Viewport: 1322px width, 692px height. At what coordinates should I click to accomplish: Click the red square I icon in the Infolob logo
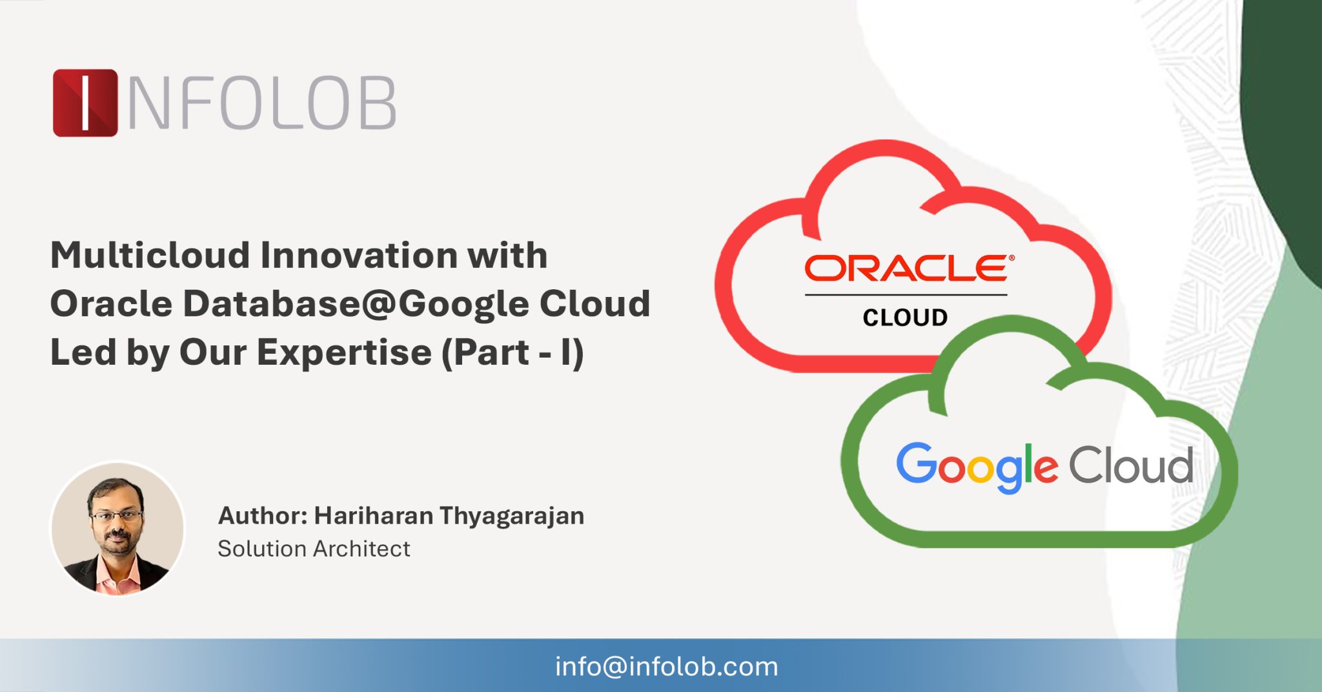85,103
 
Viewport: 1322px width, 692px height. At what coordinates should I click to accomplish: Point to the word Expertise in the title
344,352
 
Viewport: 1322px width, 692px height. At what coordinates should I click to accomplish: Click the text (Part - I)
513,352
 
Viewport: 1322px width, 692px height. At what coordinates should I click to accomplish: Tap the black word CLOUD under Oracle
905,318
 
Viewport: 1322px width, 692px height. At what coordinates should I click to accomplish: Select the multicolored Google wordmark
977,466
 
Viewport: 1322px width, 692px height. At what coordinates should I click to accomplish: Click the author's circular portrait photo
117,528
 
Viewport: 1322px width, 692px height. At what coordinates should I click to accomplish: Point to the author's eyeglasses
116,515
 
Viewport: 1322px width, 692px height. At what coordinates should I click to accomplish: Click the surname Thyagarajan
512,516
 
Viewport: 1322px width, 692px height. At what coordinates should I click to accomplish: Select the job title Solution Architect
314,549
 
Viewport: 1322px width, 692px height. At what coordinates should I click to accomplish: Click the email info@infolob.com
666,667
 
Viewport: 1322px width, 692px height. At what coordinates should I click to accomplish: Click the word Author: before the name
262,516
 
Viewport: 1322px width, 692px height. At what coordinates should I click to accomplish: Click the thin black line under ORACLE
905,295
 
